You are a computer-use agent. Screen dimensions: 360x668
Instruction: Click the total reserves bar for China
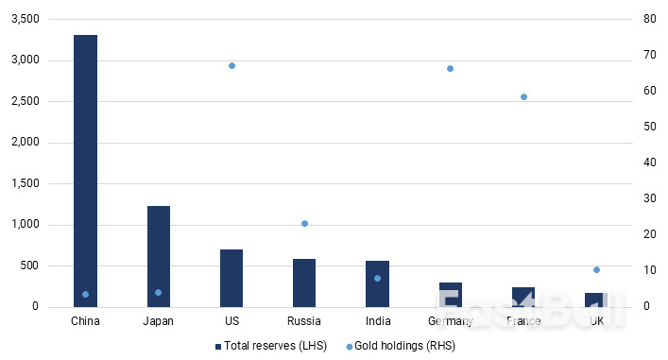coord(85,170)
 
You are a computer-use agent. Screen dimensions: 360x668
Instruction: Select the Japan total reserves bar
coord(158,256)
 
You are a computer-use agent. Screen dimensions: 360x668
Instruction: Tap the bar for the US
coord(231,278)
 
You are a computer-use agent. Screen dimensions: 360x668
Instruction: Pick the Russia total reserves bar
coord(304,283)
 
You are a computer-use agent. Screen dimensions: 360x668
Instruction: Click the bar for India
coord(377,283)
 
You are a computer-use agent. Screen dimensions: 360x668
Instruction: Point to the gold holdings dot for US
coord(231,65)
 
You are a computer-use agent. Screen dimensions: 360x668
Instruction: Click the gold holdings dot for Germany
coord(450,68)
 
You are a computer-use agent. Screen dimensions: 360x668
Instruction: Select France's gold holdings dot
coord(522,96)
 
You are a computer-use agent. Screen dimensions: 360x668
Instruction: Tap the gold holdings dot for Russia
coord(304,223)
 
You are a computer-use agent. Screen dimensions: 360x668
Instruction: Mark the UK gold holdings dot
coord(596,269)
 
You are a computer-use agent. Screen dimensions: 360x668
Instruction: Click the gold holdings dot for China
coord(85,294)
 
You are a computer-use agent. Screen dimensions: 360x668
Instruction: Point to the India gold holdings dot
coord(377,278)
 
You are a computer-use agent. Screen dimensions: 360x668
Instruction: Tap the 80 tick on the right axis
coord(650,20)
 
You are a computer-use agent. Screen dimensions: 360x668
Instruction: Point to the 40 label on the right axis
coord(650,163)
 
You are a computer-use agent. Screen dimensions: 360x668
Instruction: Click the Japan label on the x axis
coord(158,321)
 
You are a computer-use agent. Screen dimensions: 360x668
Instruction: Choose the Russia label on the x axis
coord(304,321)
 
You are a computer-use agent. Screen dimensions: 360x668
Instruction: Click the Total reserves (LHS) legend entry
coord(271,346)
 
